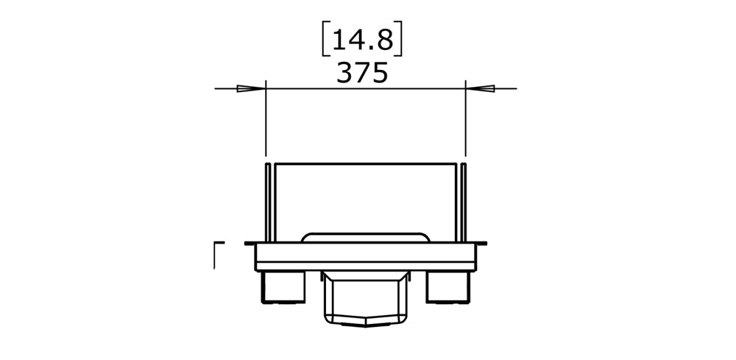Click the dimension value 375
coord(361,73)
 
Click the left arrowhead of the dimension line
coord(251,89)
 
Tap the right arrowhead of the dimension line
coord(479,89)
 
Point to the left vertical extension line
coord(265,121)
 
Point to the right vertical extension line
coord(466,121)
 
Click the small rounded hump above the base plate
coord(365,237)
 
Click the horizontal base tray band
coord(365,256)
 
